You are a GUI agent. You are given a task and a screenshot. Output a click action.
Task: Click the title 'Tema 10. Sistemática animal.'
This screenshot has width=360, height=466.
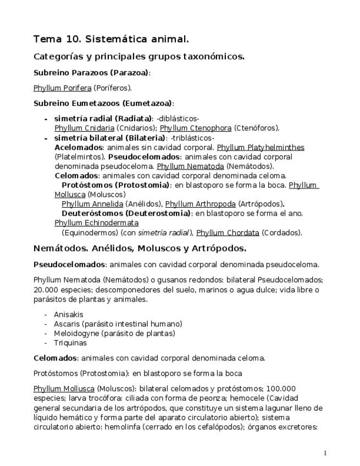(111, 39)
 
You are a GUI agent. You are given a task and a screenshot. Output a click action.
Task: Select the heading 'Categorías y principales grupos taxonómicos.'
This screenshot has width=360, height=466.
(139, 57)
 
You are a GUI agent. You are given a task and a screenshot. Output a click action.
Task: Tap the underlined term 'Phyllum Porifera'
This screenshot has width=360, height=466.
(62, 87)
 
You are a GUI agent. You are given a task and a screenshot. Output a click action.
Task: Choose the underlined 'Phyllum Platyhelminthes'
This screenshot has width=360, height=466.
(261, 147)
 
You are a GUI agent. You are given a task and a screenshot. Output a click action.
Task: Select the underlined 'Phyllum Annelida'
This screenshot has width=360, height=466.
(92, 204)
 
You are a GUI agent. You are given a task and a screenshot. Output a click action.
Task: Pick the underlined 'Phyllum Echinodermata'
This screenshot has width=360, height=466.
(96, 223)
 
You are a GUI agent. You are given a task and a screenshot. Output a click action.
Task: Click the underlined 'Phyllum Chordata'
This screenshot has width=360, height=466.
(228, 232)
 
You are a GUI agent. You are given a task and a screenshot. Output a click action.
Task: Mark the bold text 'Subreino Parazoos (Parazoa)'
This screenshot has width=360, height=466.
(91, 73)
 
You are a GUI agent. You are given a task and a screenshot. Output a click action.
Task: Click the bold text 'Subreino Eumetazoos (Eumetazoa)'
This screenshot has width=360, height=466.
(103, 103)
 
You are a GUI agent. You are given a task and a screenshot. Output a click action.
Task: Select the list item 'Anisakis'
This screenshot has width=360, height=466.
(69, 314)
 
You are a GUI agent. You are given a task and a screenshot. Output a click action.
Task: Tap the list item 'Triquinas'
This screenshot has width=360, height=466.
(70, 342)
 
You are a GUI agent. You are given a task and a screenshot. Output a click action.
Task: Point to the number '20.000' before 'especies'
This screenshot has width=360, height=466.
(46, 290)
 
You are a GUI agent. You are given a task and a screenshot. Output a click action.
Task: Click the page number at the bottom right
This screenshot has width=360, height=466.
(325, 453)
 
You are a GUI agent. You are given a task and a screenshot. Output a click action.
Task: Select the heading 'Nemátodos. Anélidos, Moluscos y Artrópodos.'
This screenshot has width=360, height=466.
(140, 248)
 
